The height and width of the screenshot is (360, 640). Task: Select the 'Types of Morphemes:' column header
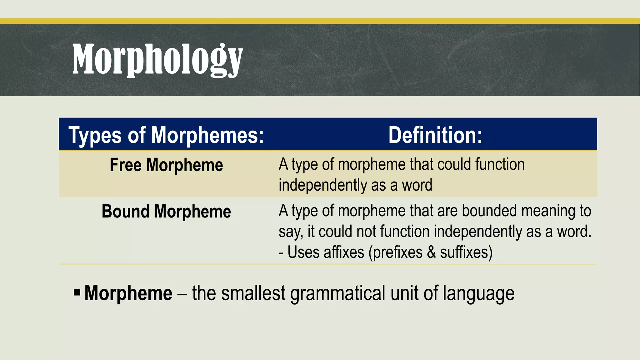166,135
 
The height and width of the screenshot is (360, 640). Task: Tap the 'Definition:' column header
435,135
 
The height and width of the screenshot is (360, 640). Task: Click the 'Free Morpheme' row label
166,165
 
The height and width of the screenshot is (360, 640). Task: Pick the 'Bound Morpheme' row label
166,212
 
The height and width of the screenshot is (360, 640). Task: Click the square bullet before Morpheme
77,293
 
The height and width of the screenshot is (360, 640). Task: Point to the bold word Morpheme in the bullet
128,293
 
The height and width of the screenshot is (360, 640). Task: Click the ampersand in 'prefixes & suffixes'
431,252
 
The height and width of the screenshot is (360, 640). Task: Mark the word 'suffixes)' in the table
466,252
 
